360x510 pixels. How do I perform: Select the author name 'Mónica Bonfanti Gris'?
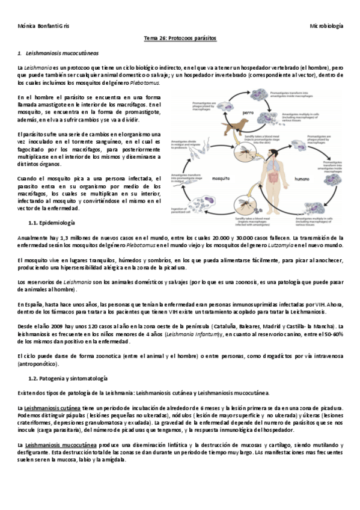[43, 26]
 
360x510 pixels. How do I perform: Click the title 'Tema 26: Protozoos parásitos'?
[180, 38]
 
